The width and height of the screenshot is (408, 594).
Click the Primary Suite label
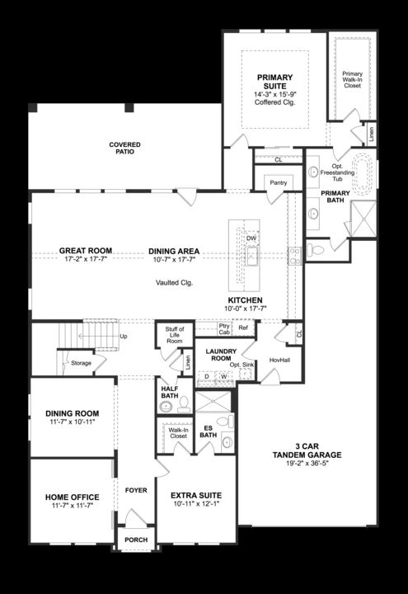(274, 82)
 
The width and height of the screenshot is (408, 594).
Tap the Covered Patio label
(124, 148)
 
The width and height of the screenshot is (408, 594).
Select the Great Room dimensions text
(86, 259)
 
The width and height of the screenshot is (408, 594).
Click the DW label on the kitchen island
(251, 238)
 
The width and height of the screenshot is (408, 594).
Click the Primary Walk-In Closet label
(352, 79)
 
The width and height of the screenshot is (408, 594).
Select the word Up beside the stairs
(124, 336)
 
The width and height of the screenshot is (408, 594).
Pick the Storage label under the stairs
(81, 362)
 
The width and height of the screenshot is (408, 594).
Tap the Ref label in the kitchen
(243, 328)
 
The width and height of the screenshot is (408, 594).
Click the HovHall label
(279, 361)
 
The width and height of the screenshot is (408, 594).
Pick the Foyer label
(136, 490)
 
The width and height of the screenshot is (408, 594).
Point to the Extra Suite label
(195, 495)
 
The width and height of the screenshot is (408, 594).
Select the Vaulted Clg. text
(175, 282)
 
